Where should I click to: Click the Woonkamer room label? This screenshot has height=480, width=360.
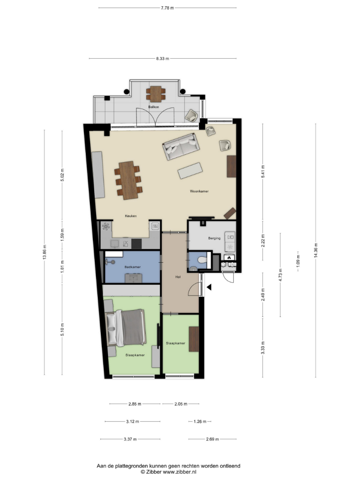(x=199, y=191)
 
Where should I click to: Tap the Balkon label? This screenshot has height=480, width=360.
(x=153, y=107)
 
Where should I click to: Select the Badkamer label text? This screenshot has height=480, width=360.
(x=132, y=267)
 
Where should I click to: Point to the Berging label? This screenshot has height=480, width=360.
(x=214, y=238)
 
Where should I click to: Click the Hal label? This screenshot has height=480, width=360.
(x=178, y=277)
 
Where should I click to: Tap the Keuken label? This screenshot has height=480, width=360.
(x=131, y=216)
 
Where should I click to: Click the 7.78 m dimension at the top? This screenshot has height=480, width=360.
(x=168, y=8)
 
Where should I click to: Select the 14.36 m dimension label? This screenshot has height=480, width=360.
(x=316, y=250)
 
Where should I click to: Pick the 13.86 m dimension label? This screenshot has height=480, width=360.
(x=45, y=252)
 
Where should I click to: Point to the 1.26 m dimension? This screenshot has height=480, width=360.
(x=200, y=421)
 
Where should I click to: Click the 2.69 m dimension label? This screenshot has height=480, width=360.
(x=212, y=439)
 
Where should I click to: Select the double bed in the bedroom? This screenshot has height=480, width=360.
(x=125, y=328)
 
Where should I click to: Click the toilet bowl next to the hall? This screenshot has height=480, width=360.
(x=202, y=260)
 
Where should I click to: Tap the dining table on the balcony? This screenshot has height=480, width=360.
(x=156, y=94)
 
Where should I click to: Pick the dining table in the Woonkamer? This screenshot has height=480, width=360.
(x=128, y=180)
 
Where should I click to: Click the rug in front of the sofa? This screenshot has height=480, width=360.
(x=190, y=171)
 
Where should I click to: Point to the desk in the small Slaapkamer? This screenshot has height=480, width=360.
(x=194, y=339)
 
